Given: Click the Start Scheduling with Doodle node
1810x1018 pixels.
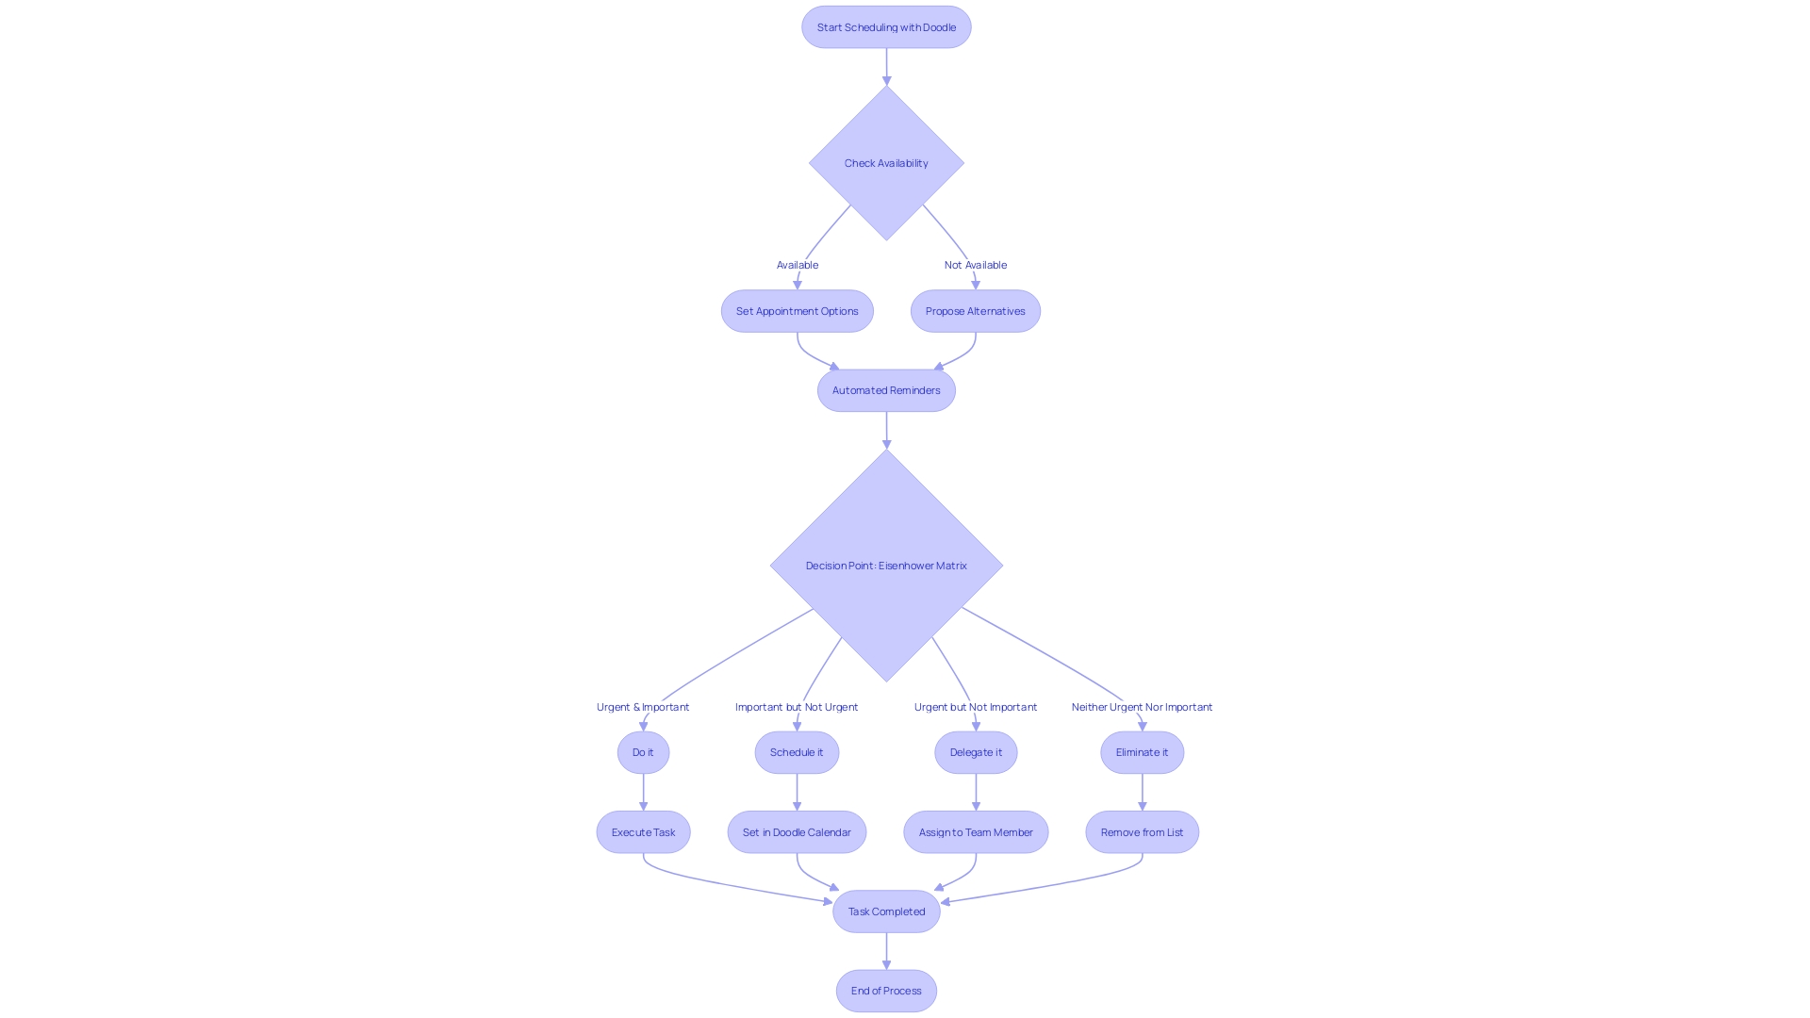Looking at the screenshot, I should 886,27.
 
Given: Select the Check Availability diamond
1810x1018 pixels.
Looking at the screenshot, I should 886,163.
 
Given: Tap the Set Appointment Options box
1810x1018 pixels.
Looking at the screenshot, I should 797,311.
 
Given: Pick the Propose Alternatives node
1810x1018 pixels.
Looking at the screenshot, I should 975,311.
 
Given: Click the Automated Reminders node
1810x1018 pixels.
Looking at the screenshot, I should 886,390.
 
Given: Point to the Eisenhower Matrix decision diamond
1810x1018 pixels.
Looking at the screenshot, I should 886,566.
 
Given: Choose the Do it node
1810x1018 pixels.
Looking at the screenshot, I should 643,752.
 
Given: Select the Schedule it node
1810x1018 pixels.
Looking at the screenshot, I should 797,752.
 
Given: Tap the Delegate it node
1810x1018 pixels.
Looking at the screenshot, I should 976,752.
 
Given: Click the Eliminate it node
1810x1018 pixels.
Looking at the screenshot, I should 1142,752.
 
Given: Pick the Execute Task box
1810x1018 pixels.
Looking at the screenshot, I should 643,832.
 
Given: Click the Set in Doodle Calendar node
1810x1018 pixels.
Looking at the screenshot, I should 797,832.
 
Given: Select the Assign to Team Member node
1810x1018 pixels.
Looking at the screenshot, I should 976,832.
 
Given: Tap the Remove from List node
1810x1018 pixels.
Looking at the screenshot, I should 1142,832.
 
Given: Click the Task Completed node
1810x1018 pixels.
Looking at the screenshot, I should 886,911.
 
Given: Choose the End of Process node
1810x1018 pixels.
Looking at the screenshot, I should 886,991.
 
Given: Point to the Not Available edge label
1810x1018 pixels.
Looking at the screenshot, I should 976,265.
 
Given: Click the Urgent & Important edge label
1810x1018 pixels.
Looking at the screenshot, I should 643,707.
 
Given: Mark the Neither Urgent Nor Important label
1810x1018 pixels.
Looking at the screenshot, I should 1142,707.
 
